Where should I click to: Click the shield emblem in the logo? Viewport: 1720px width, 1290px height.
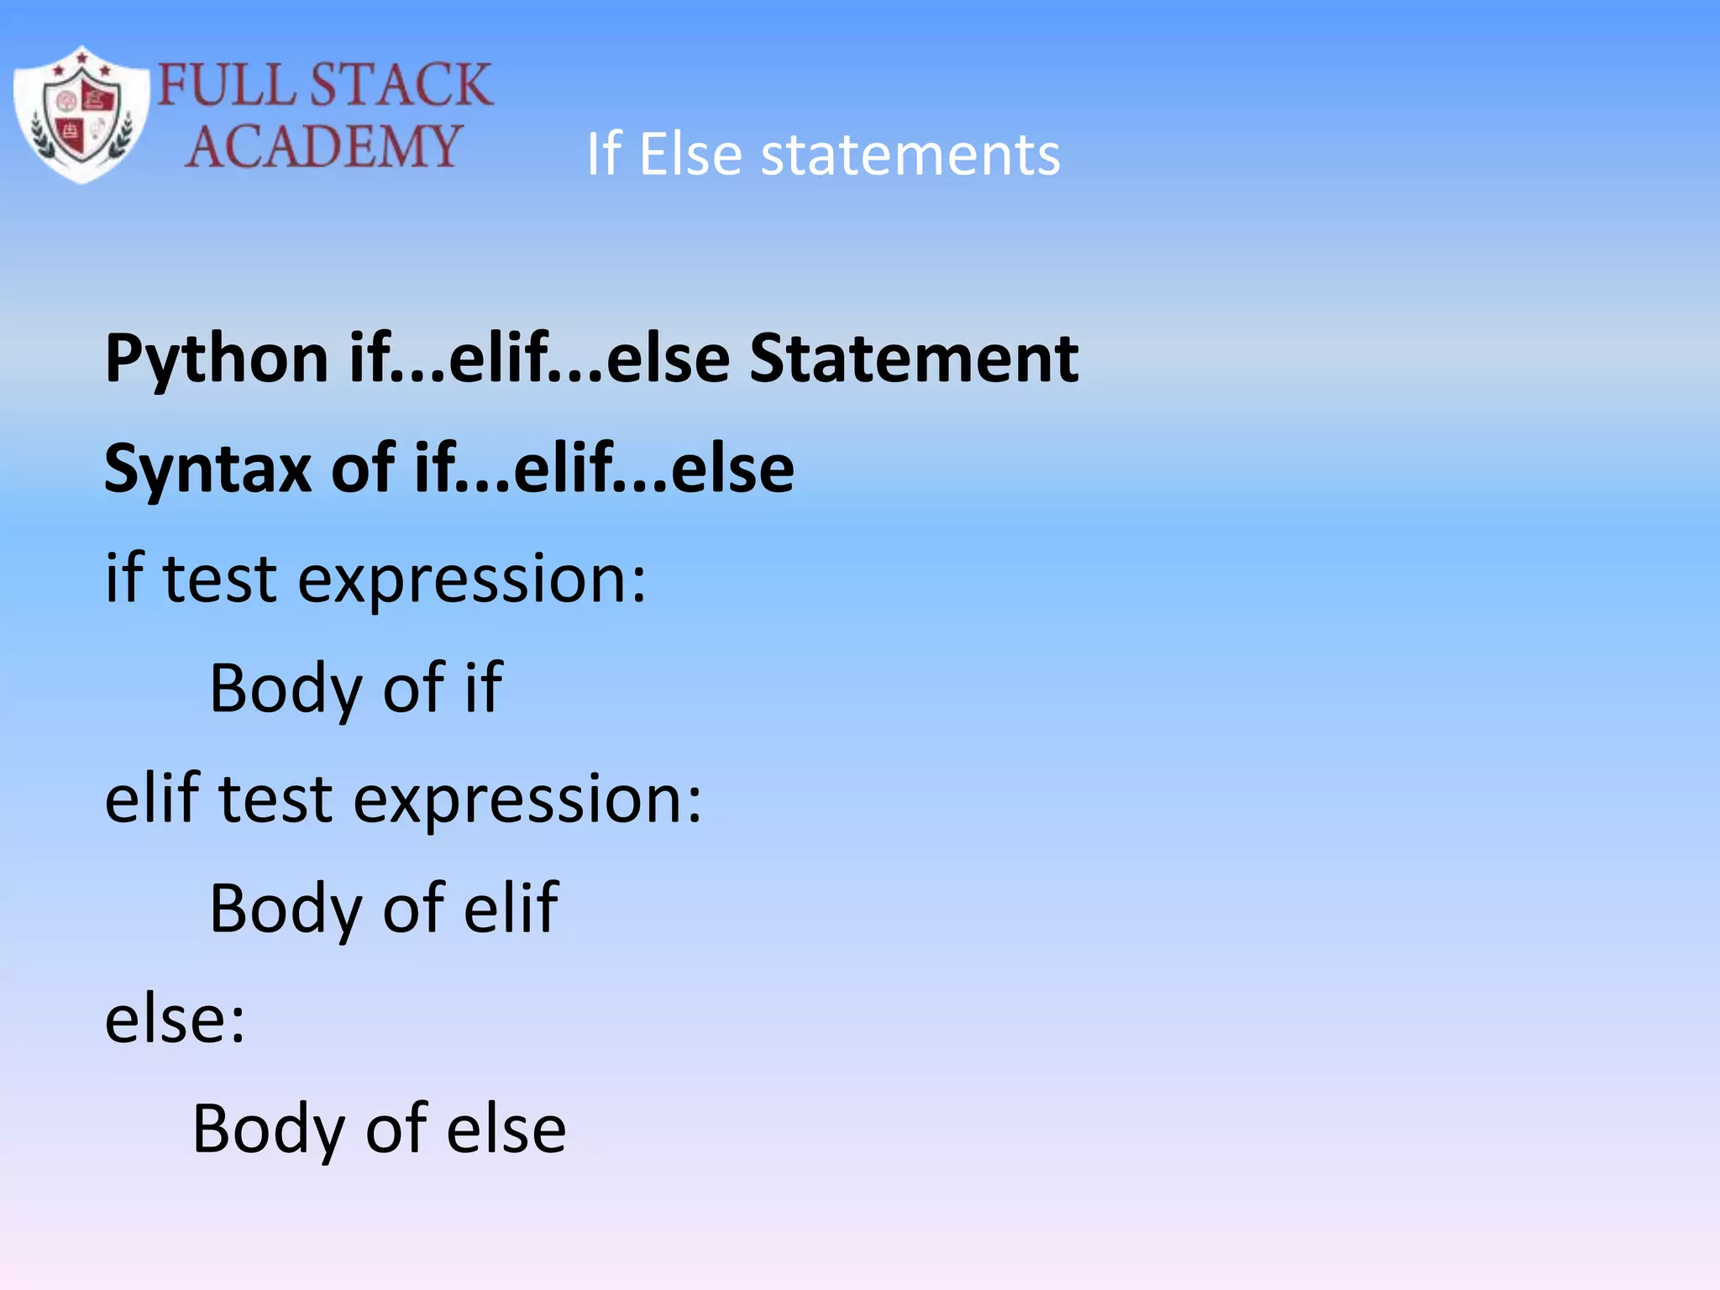click(81, 114)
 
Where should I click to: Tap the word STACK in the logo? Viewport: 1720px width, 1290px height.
click(401, 85)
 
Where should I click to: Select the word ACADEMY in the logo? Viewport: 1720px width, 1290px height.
click(323, 147)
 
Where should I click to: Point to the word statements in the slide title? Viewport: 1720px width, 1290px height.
click(910, 155)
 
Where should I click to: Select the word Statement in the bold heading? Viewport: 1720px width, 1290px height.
click(914, 359)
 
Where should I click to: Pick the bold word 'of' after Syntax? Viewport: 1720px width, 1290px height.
click(363, 468)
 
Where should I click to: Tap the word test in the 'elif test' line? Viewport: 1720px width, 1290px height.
click(275, 799)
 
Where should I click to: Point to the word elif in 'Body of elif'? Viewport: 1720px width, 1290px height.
click(511, 909)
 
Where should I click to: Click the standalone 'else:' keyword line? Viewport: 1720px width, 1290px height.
click(175, 1020)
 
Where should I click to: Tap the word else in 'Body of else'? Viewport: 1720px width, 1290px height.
click(506, 1130)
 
